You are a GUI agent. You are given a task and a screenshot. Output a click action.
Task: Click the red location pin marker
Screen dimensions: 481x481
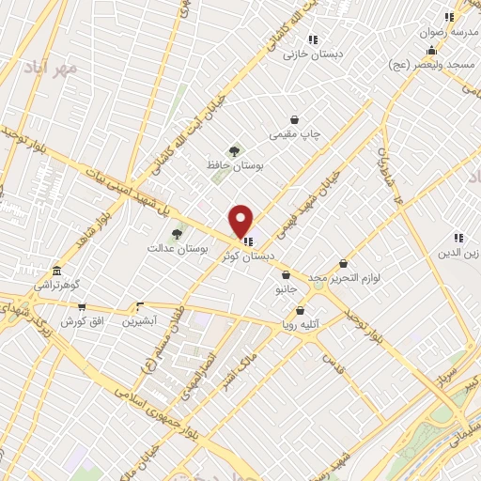coord(241,220)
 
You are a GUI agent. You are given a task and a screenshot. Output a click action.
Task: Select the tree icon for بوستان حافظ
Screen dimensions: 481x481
coord(234,150)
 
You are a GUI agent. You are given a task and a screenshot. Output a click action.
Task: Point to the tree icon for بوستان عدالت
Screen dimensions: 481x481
coord(176,234)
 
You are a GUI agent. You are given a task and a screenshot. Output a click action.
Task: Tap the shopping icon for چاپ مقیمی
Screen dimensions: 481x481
coord(295,120)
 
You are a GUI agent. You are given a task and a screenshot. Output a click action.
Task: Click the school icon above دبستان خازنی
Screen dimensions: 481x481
coord(313,39)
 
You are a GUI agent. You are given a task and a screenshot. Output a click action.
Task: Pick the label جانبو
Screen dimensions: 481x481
coord(285,290)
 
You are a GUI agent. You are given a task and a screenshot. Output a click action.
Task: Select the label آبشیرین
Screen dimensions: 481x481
coord(139,320)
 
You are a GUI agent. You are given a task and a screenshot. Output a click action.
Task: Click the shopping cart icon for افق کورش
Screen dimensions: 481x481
coord(82,306)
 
